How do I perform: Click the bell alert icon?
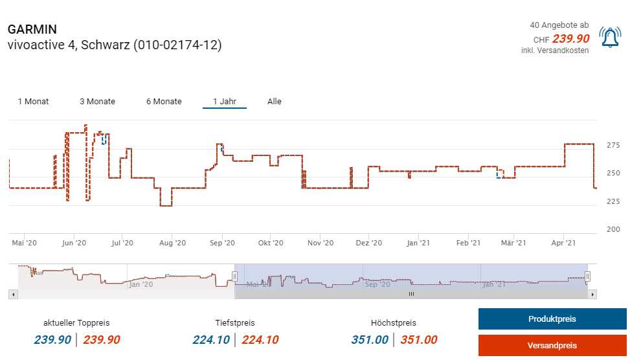click(x=609, y=38)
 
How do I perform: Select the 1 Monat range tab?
click(x=33, y=102)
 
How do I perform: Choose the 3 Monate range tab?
click(x=97, y=102)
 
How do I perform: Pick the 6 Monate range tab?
click(x=164, y=102)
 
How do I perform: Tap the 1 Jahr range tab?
click(x=224, y=102)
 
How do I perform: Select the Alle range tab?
click(x=275, y=102)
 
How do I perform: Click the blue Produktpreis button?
click(x=552, y=319)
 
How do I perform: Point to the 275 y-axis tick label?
click(x=614, y=145)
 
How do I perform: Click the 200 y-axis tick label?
click(x=614, y=230)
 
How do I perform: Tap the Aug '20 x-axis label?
click(x=172, y=243)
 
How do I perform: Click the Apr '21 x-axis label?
click(x=563, y=243)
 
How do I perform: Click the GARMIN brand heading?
click(x=32, y=30)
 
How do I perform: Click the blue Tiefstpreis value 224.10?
click(x=211, y=340)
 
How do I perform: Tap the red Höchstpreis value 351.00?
click(x=418, y=340)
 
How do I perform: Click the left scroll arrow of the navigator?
click(x=12, y=294)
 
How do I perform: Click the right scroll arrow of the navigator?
click(x=592, y=294)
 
